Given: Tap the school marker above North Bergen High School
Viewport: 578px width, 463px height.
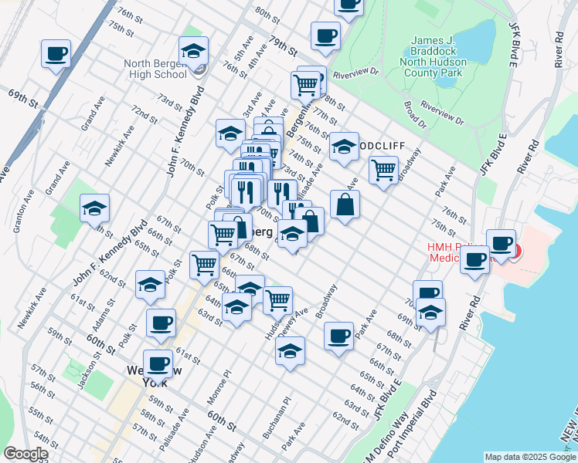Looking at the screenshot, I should (192, 52).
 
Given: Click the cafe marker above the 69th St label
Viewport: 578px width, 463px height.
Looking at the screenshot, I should (56, 55).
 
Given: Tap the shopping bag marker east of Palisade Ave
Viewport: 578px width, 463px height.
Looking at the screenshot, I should (345, 205).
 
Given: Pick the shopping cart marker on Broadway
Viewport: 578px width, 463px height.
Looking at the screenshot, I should (383, 170).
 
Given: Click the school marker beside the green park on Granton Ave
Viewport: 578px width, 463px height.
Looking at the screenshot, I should (94, 209).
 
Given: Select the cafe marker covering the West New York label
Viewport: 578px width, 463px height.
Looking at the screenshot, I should (158, 363).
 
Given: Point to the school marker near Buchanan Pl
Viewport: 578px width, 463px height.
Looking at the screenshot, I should (290, 351).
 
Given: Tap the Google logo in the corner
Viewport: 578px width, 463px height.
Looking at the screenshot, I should (25, 454).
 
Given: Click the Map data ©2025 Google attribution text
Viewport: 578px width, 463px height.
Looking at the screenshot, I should (530, 457).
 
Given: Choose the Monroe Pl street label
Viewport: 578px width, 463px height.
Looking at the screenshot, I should (226, 384).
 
